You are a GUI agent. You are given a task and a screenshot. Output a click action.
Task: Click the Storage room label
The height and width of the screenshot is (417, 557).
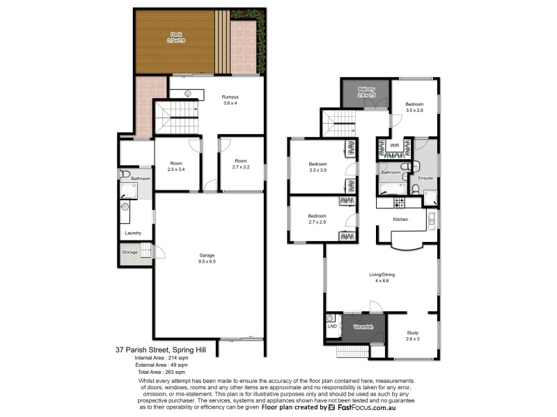pyautogui.click(x=130, y=252)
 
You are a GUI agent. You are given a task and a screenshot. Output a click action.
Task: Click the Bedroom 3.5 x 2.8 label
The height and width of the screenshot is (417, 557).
pyautogui.click(x=416, y=105)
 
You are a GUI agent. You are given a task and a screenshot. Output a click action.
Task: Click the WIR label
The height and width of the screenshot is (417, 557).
pyautogui.click(x=394, y=145)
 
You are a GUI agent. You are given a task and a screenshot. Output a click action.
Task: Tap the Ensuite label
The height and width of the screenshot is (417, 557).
pyautogui.click(x=425, y=178)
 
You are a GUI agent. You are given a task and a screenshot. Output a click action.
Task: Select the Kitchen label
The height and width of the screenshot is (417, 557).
pyautogui.click(x=400, y=220)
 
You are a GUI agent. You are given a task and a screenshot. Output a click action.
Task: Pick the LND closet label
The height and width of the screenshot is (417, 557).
pyautogui.click(x=331, y=325)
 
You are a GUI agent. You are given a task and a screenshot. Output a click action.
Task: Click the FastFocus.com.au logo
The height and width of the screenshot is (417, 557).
pyautogui.click(x=370, y=408)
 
